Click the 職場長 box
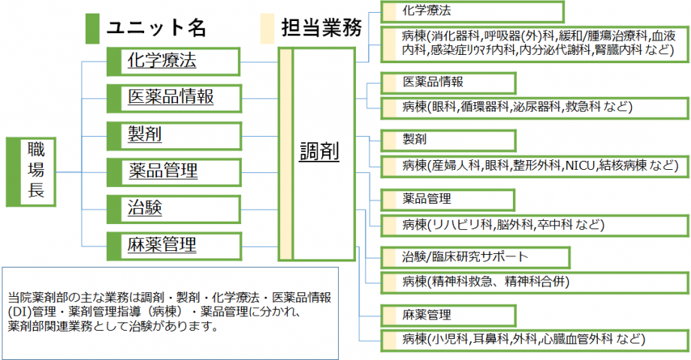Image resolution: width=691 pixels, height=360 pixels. pos(31,171)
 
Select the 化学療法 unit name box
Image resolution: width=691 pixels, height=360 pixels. pos(174,62)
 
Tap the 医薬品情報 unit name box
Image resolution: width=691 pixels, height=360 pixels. pos(174,98)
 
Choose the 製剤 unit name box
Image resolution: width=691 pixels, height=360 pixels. pos(174,136)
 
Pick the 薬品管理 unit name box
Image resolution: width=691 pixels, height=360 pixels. pos(174,172)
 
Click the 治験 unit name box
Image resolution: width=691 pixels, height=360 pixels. pos(174,209)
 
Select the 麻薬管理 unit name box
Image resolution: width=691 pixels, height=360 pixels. pos(174,247)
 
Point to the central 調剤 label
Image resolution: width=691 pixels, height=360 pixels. pos(319,152)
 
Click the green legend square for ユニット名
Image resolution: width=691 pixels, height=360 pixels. pos(92,29)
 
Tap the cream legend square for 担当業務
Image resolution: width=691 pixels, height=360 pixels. pos(267,29)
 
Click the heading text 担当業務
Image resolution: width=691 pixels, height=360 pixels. pos(321,28)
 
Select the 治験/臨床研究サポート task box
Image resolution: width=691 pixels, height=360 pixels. pos(475,258)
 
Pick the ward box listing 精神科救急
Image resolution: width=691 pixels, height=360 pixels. pos(535,283)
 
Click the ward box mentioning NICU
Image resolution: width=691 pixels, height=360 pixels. pos(535,166)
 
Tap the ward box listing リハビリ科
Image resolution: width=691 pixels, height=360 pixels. pos(535,225)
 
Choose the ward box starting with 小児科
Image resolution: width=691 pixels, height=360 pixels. pos(535,340)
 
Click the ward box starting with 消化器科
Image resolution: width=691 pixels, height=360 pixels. pos(535,44)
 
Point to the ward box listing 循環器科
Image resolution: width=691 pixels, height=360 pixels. pos(535,107)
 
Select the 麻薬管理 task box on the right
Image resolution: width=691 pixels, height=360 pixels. pos(448,316)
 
